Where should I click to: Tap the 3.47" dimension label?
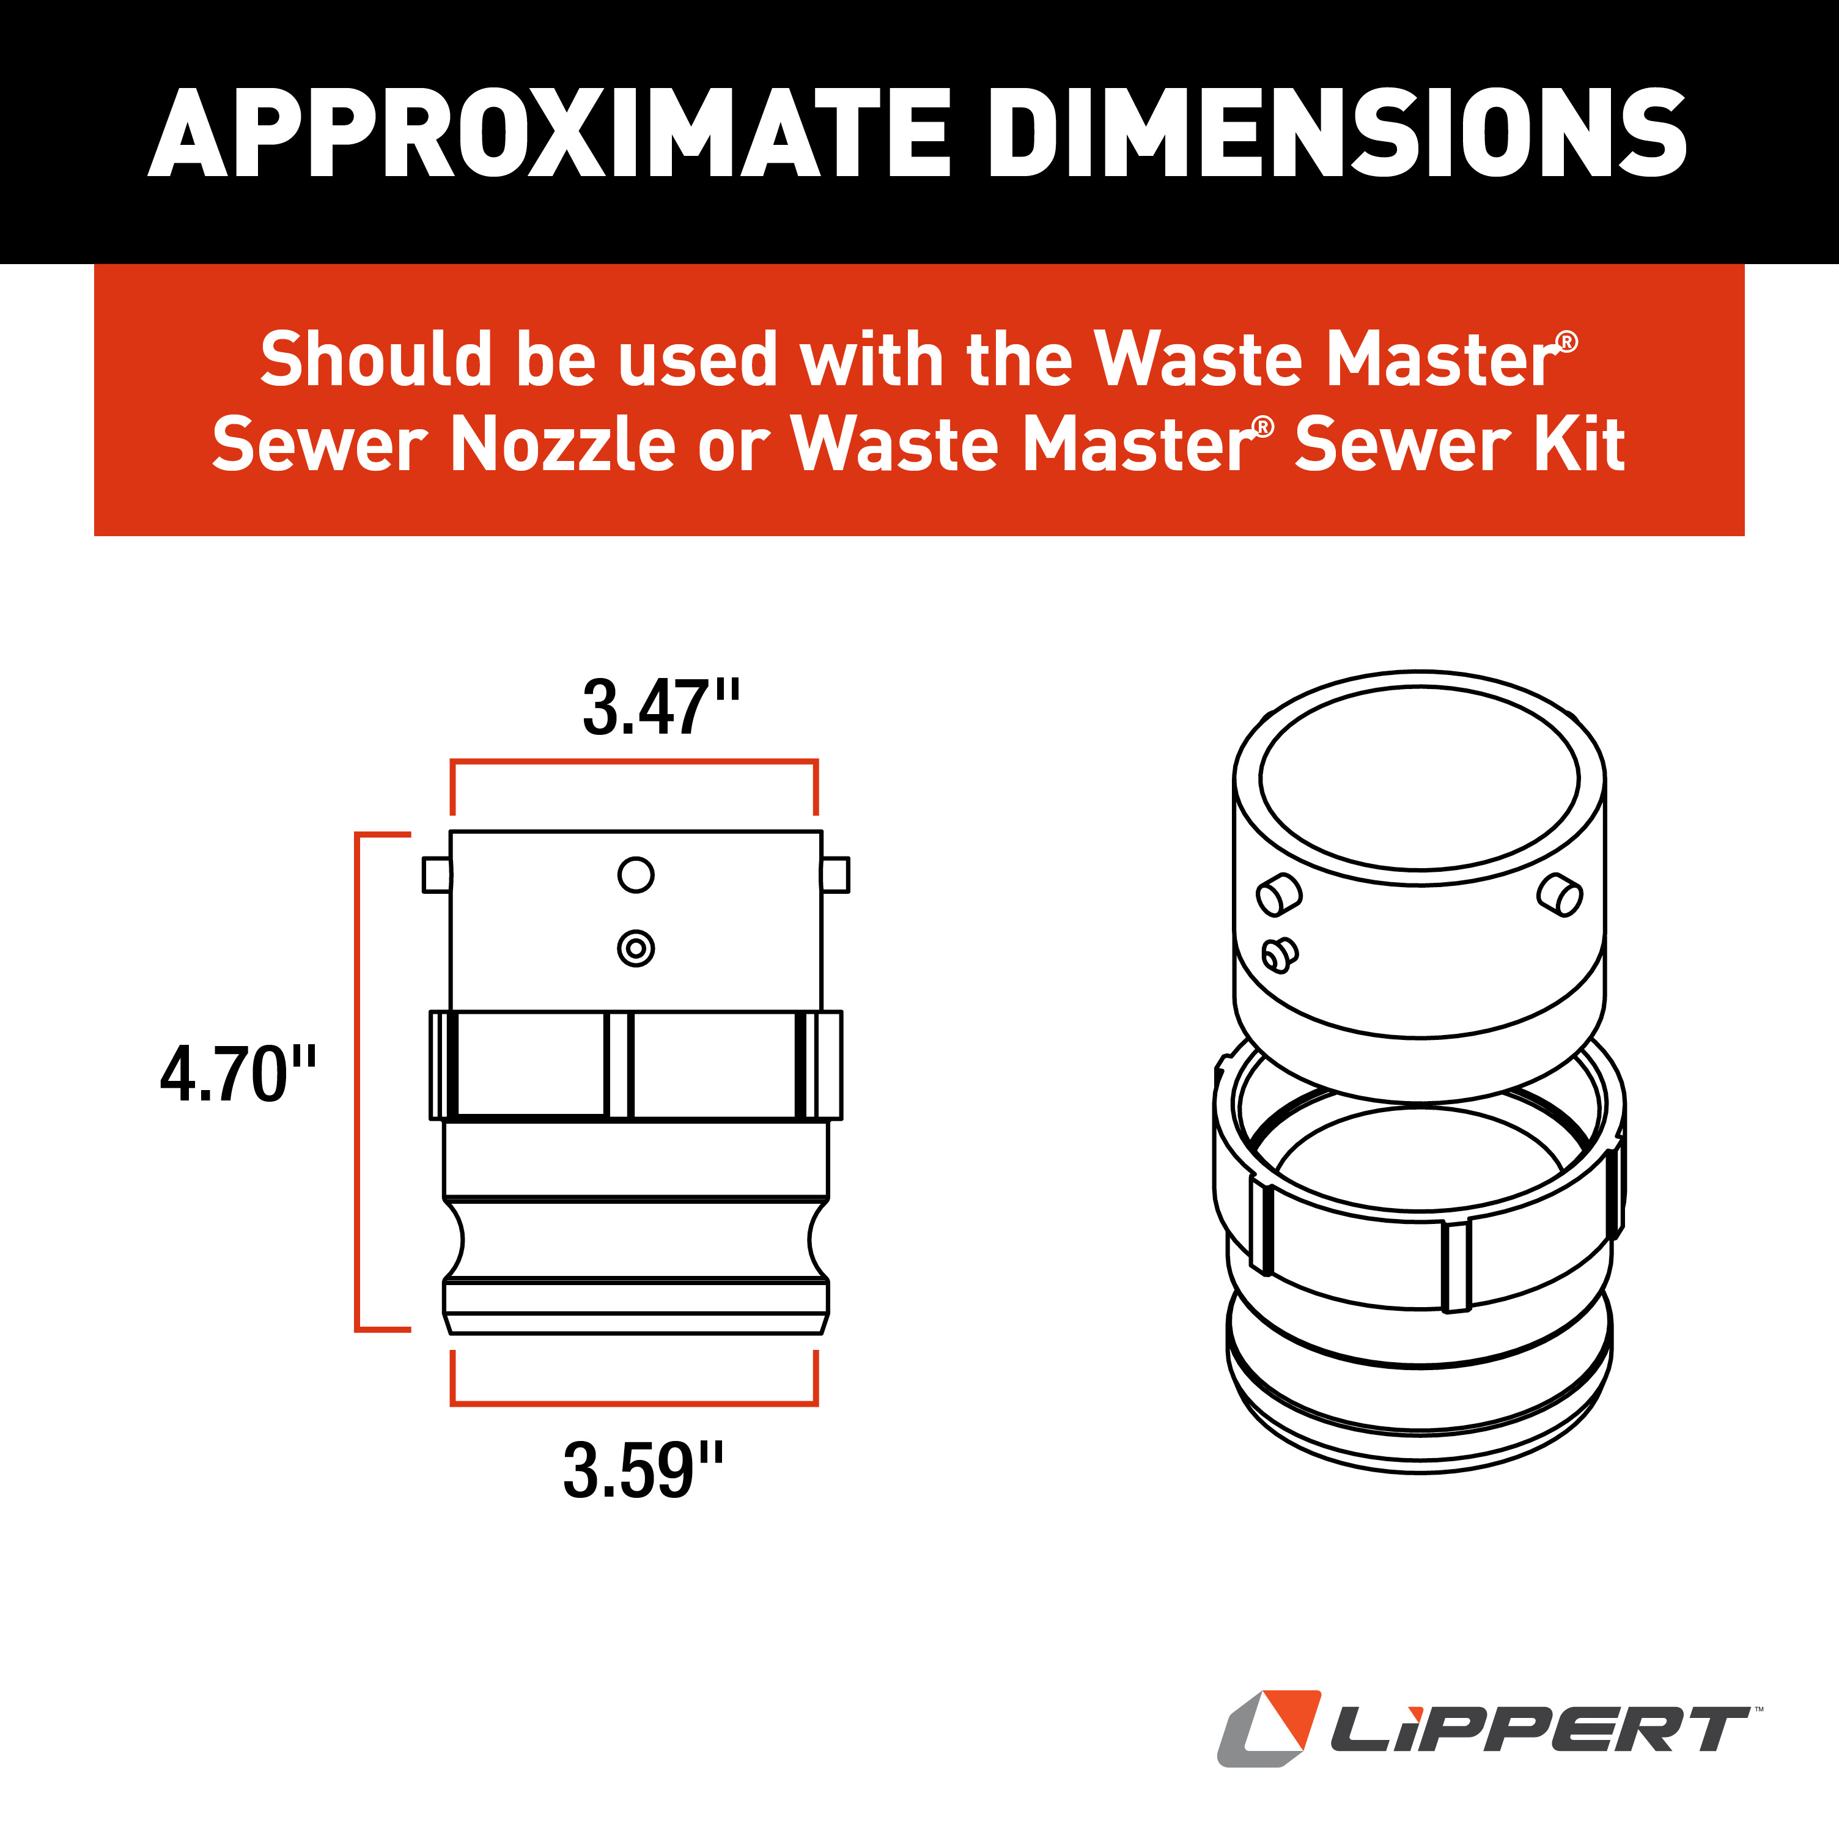coord(661,707)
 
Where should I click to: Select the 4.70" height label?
coord(238,1074)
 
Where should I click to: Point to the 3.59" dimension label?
coord(643,1470)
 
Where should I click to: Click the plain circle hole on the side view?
coord(636,875)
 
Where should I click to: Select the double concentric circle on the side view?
coord(636,948)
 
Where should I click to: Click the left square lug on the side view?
coord(437,875)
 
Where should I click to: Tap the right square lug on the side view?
coord(835,875)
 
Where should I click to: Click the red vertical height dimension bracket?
coord(357,1082)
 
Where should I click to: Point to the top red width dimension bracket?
coord(635,762)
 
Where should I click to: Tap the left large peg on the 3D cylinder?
coord(1280,895)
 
